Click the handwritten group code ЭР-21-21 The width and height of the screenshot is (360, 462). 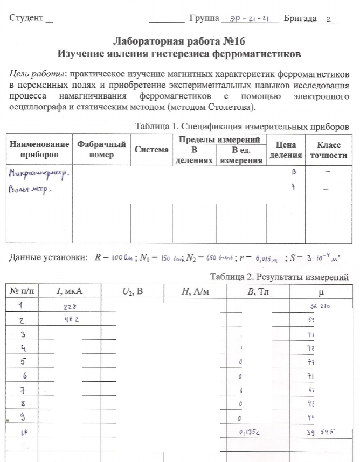(x=250, y=18)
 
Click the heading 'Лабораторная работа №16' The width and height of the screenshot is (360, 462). (x=179, y=41)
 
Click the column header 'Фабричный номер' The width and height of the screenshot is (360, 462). (x=102, y=149)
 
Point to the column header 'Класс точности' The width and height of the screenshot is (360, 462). (x=326, y=149)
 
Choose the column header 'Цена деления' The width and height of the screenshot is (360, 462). (x=286, y=149)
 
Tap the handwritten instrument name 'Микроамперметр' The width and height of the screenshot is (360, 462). (x=40, y=173)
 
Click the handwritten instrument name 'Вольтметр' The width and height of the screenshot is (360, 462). (x=30, y=190)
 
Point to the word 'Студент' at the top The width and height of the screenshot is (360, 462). (x=26, y=18)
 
